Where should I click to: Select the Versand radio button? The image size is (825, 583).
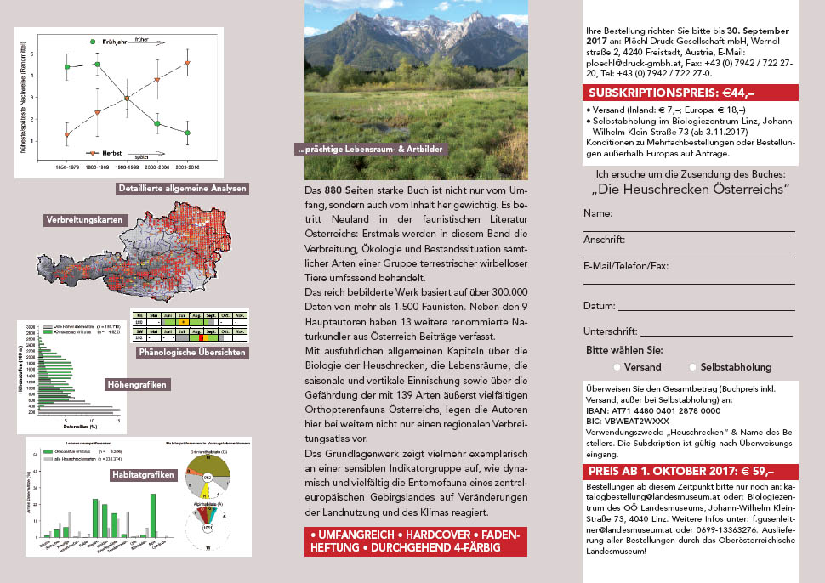(615, 367)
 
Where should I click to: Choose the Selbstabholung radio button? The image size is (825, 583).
(693, 367)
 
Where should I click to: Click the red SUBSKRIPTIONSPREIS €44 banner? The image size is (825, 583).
(690, 93)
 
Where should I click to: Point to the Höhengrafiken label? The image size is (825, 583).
(136, 384)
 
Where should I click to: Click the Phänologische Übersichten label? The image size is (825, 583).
(191, 352)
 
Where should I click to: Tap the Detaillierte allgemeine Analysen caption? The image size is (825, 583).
(182, 189)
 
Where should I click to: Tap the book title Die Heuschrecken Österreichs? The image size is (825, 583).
(690, 189)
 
